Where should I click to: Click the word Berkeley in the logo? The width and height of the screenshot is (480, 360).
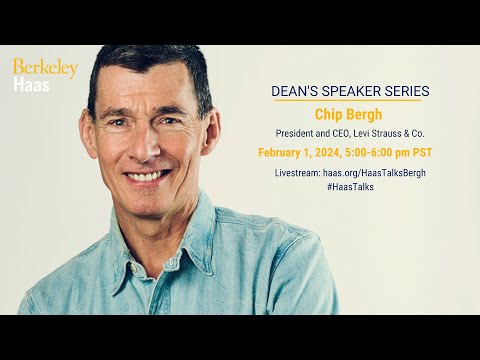click(x=44, y=69)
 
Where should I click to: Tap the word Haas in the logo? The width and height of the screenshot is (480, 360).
click(x=31, y=85)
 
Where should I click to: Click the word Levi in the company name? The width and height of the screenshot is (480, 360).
click(x=371, y=133)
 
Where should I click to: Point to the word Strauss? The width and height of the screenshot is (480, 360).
click(x=397, y=133)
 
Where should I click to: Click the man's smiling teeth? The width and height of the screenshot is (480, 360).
click(x=147, y=176)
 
